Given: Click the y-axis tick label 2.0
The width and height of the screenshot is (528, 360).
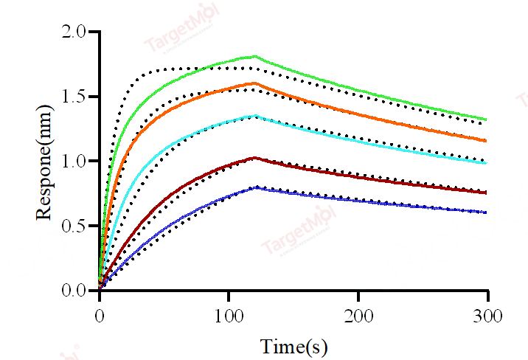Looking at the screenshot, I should tap(74, 32).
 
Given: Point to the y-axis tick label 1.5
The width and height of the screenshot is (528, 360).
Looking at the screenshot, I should tap(74, 97).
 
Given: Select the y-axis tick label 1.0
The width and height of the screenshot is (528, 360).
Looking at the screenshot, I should tap(74, 161).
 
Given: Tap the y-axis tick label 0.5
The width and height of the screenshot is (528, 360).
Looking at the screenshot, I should tap(74, 226).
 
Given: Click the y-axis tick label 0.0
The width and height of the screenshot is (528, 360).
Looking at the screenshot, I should tap(74, 291).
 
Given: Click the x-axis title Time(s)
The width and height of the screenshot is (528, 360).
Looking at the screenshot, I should tap(293, 345).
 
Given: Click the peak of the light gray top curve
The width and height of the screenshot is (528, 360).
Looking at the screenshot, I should tap(255, 56).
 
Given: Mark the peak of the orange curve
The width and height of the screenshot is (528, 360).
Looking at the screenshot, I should tap(254, 83).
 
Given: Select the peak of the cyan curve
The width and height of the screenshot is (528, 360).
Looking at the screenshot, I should tap(255, 115).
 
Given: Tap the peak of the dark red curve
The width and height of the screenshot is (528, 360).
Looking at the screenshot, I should tap(254, 157).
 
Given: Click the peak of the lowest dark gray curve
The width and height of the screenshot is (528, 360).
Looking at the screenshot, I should tap(255, 187).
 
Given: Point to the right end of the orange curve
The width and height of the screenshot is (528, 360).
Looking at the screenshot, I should tap(487, 141).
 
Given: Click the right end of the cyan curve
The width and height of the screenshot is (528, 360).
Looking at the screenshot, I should tap(487, 163).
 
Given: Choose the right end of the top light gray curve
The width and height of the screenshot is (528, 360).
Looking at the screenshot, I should tap(487, 120).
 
